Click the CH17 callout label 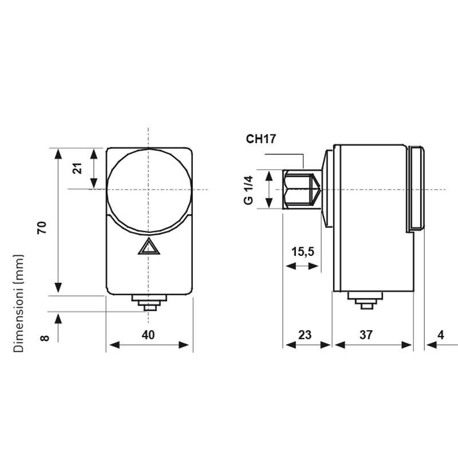262,139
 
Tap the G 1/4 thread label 248,189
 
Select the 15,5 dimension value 303,251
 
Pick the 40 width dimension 148,335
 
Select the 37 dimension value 366,335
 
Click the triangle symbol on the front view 148,247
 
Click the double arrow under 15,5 303,267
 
